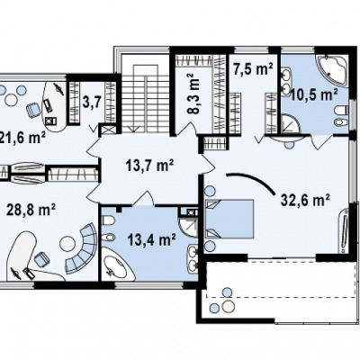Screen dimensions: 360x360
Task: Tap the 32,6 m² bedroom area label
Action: (x=305, y=200)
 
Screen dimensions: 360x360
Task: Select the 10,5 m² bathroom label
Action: (x=314, y=95)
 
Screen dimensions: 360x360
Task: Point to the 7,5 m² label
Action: (x=253, y=69)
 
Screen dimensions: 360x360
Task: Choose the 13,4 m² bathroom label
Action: (x=151, y=239)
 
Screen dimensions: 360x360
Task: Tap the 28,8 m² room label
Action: (x=31, y=210)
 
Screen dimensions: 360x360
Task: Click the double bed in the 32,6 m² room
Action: (x=229, y=220)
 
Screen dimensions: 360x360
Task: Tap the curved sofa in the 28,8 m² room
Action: (x=83, y=247)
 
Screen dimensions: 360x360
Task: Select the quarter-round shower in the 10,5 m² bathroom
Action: (x=291, y=123)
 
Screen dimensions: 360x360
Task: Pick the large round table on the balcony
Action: (x=229, y=306)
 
